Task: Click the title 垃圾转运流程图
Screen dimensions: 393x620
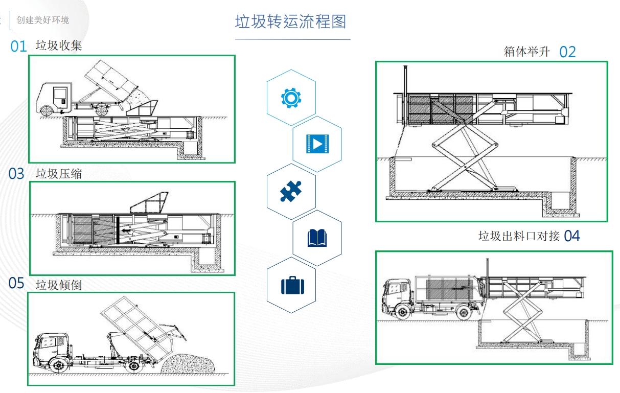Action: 290,22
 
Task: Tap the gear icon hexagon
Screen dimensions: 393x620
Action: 291,98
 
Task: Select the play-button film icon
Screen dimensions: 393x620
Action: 317,144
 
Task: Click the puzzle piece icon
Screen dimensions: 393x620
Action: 291,192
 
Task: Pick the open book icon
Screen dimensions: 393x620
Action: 317,238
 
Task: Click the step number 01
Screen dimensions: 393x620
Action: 18,47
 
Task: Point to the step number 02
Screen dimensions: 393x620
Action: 567,52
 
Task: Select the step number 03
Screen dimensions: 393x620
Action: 16,174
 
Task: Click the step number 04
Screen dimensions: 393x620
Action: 572,236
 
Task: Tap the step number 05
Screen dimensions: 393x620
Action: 16,283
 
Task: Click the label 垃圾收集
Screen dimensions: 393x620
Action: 59,45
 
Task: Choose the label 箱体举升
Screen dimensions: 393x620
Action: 526,51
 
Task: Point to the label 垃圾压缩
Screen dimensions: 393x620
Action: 59,174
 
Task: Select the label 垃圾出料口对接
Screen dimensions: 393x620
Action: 519,236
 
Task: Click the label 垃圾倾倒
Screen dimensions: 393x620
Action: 59,285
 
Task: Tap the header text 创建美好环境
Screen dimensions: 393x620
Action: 43,20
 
